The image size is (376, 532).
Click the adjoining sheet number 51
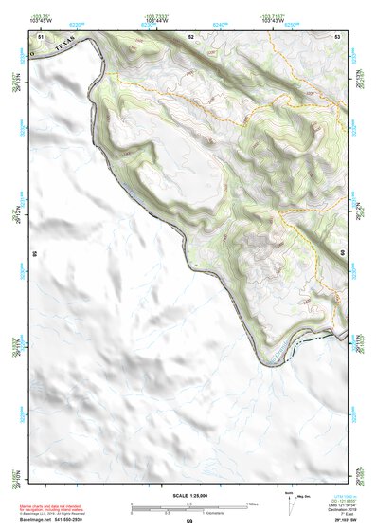[x=40, y=36]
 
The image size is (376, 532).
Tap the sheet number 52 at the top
[x=190, y=36]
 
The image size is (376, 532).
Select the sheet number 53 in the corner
[x=337, y=36]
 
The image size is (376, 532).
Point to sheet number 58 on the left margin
[x=33, y=254]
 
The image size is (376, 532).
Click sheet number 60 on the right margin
[x=342, y=254]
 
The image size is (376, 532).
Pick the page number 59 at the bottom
[x=189, y=521]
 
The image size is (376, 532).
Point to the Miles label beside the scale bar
[x=253, y=503]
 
